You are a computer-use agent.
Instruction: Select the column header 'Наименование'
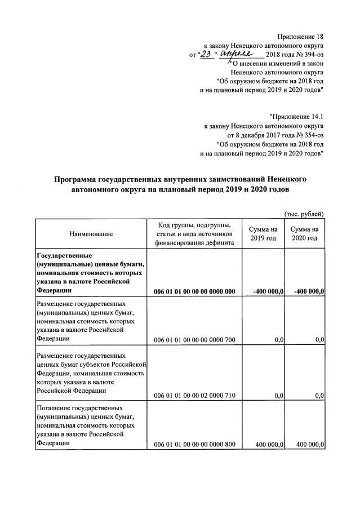(91, 233)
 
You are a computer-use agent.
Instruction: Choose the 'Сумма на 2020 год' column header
(305, 233)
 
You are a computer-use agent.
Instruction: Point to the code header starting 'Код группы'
(194, 233)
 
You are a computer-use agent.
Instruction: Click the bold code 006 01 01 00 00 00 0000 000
(194, 291)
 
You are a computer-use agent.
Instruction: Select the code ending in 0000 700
(194, 339)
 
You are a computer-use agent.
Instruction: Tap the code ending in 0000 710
(194, 396)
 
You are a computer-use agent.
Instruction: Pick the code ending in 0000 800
(194, 445)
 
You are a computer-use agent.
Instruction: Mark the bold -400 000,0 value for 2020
(309, 291)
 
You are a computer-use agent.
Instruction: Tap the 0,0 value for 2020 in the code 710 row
(319, 396)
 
